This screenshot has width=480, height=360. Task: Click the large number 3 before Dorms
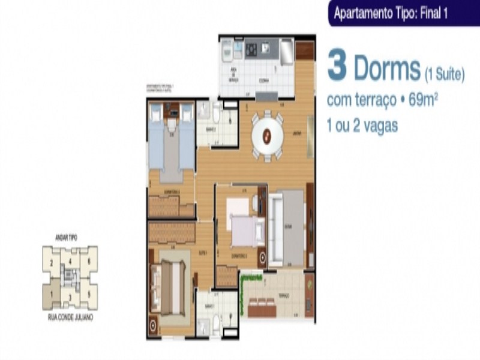click(337, 67)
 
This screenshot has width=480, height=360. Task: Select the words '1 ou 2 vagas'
click(362, 126)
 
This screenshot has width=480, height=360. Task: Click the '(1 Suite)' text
click(444, 75)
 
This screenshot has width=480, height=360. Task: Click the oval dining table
click(267, 136)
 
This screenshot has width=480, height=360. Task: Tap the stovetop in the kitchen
click(250, 49)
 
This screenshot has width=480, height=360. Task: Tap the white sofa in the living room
click(277, 229)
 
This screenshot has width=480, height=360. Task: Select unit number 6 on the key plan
click(89, 262)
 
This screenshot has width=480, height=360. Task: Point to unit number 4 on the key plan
click(70, 261)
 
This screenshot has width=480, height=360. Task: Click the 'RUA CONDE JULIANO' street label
click(70, 316)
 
